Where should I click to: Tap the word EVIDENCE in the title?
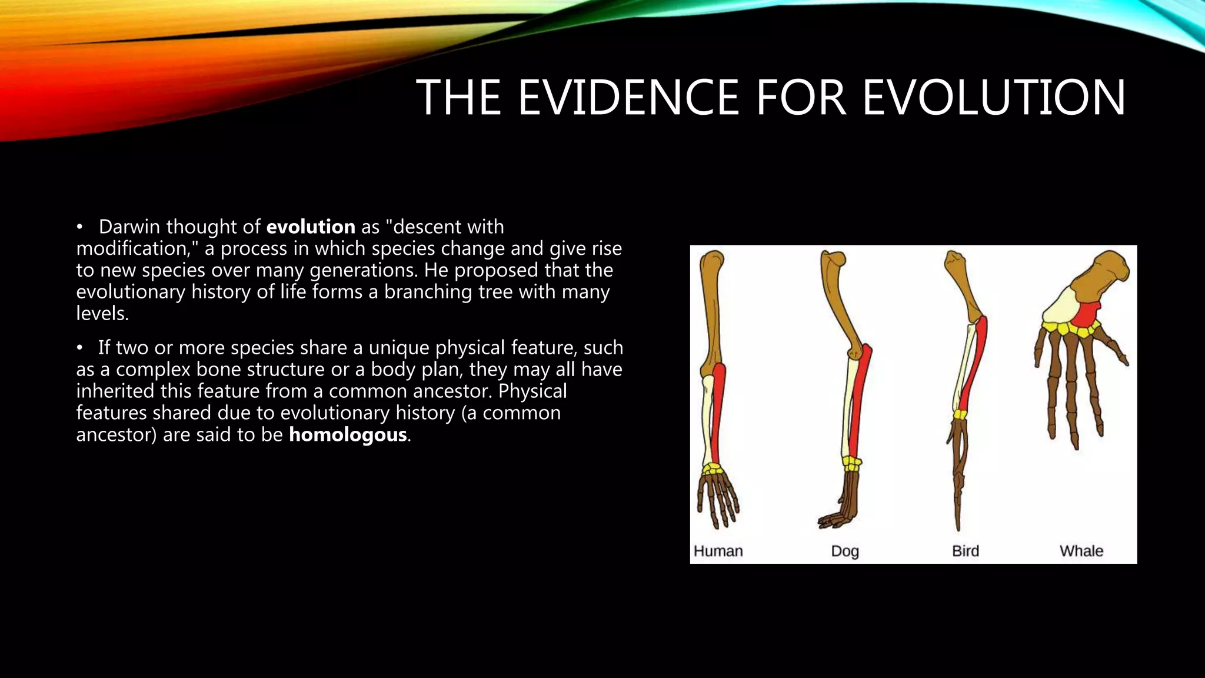628,97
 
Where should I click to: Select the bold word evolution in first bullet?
311,227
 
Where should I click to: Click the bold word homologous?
348,435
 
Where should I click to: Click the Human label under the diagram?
718,551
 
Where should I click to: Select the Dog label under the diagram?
845,551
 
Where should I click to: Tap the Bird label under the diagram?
966,551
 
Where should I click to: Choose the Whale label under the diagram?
1081,551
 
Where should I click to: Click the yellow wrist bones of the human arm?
713,469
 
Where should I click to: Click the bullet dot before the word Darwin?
79,227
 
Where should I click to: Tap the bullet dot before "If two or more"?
79,348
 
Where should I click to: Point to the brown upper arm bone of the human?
711,312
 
